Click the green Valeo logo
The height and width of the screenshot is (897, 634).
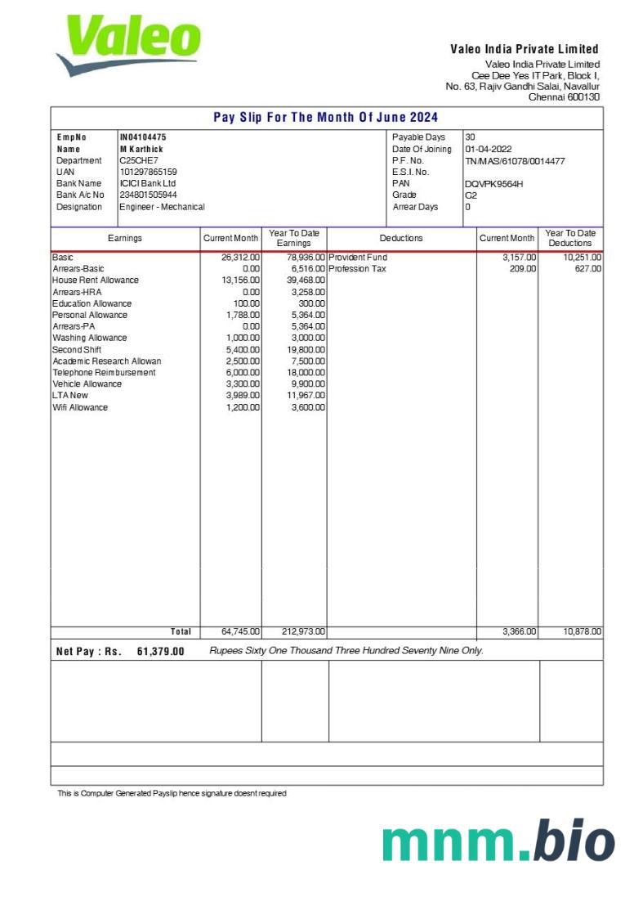tap(129, 45)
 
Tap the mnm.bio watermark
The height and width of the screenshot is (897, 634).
tap(498, 842)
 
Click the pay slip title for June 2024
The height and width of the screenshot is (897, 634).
tap(326, 117)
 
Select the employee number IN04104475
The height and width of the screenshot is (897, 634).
tap(143, 137)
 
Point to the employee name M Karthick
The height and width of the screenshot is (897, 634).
tap(141, 149)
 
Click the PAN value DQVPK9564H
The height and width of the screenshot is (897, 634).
tap(493, 183)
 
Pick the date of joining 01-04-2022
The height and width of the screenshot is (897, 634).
tap(489, 149)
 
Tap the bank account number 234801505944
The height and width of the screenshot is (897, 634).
tap(148, 195)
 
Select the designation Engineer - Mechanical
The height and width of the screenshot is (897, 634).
tap(162, 207)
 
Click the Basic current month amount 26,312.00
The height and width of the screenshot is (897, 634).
tap(240, 258)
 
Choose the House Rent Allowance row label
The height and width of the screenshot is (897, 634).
tap(96, 280)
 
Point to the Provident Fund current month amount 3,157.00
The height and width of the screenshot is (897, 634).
tap(519, 258)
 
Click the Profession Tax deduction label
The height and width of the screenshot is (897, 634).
tap(357, 269)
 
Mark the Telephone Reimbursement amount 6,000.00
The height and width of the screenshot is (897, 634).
tap(243, 373)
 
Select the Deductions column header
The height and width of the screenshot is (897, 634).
tap(401, 238)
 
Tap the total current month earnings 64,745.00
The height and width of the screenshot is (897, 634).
tap(240, 631)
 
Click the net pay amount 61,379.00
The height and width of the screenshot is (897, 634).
tap(161, 652)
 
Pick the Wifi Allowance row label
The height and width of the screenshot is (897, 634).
tap(80, 407)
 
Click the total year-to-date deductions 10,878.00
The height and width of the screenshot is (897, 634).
tap(582, 631)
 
